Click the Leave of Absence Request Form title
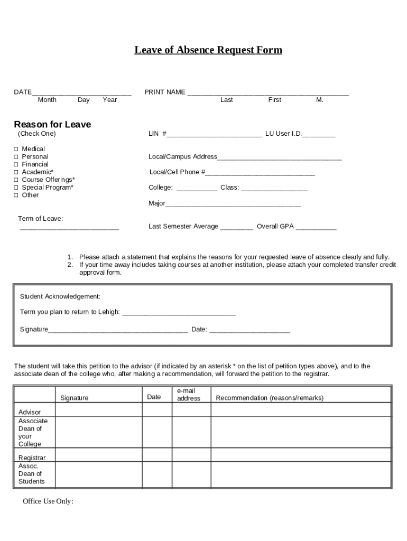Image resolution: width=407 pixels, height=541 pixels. [208, 50]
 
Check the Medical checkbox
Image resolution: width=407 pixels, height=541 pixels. [16, 149]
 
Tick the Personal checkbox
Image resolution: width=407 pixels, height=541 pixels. [16, 157]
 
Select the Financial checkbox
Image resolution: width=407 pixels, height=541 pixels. [16, 164]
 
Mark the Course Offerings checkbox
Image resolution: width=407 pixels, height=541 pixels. [16, 180]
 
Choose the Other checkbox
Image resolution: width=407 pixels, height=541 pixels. [16, 195]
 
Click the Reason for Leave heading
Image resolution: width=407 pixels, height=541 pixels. [52, 125]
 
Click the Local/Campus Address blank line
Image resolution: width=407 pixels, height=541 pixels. [280, 157]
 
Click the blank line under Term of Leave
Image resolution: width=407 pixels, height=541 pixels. [69, 228]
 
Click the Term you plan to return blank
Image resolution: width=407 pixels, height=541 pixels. [179, 313]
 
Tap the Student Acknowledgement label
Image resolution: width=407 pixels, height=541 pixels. [60, 296]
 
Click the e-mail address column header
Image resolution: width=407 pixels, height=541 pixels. [188, 395]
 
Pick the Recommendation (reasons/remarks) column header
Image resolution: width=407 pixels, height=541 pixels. [270, 398]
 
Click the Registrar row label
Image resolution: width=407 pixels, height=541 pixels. [32, 458]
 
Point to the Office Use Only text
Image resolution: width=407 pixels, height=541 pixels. [48, 501]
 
